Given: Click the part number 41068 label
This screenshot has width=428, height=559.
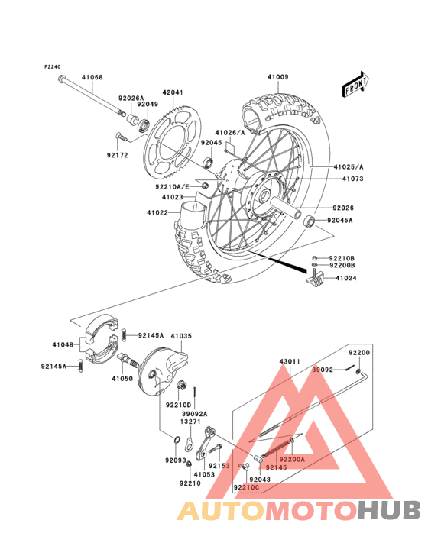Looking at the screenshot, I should pyautogui.click(x=92, y=77).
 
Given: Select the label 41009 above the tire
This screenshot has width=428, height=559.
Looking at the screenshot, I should pyautogui.click(x=278, y=77).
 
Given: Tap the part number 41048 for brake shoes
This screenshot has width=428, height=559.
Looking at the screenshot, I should pyautogui.click(x=63, y=345).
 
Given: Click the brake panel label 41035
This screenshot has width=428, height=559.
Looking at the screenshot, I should pyautogui.click(x=181, y=335).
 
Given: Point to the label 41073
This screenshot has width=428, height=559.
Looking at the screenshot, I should pyautogui.click(x=344, y=179).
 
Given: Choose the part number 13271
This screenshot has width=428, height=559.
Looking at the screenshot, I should pyautogui.click(x=191, y=421).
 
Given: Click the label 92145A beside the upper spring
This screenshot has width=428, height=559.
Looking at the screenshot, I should pyautogui.click(x=151, y=335).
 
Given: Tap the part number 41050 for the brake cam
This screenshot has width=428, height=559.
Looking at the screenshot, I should pyautogui.click(x=122, y=378).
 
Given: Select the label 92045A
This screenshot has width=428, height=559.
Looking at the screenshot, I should pyautogui.click(x=341, y=221).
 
